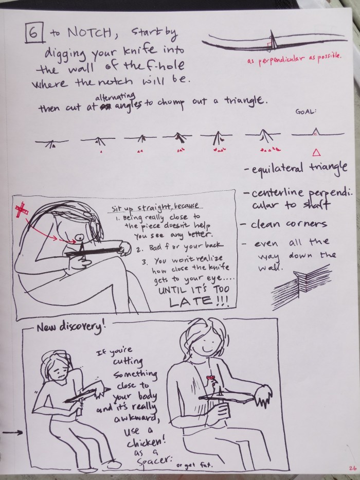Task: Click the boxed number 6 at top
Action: (x=34, y=33)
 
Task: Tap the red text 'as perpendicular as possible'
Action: (x=294, y=59)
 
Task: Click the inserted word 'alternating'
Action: (x=115, y=97)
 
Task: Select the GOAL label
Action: (x=305, y=112)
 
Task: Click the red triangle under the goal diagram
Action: (x=316, y=152)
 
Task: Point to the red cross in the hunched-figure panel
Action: (x=22, y=210)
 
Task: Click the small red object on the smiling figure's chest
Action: (x=210, y=378)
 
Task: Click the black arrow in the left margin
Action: (x=12, y=433)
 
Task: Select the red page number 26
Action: (x=352, y=468)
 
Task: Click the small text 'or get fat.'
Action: (x=194, y=466)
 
